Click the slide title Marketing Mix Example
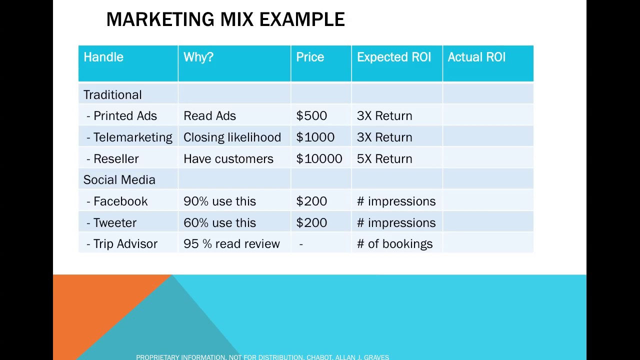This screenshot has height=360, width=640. click(x=225, y=20)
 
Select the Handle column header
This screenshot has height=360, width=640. click(x=103, y=57)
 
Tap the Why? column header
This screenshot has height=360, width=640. click(x=198, y=57)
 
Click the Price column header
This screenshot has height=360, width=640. click(x=310, y=57)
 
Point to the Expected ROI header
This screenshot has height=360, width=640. click(x=394, y=57)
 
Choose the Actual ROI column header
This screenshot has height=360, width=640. click(x=476, y=57)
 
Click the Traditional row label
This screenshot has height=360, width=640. click(x=112, y=95)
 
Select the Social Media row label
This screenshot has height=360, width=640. click(x=119, y=180)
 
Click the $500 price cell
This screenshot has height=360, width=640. click(x=311, y=116)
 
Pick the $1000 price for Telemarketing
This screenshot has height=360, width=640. click(x=315, y=137)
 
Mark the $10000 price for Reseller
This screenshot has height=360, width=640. click(x=319, y=159)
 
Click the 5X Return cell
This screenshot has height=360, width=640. click(x=384, y=159)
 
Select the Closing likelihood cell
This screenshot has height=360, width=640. click(x=232, y=137)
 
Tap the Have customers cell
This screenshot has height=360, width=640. click(x=228, y=159)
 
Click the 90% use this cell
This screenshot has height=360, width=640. click(x=219, y=201)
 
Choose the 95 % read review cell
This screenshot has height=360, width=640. click(x=231, y=244)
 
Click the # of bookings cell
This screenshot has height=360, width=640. click(x=394, y=244)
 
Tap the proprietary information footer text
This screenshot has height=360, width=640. click(x=262, y=357)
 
